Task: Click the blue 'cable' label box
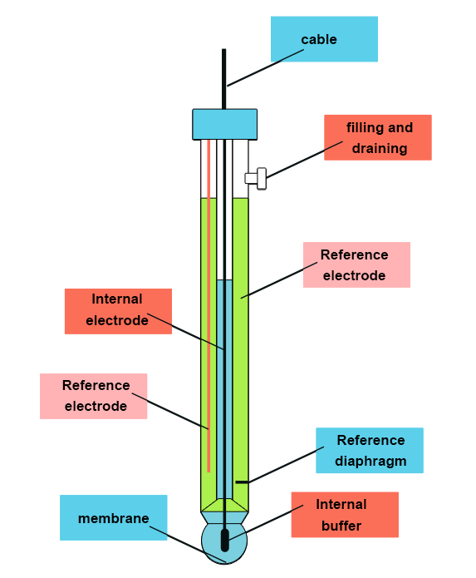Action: click(324, 39)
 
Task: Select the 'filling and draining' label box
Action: click(378, 137)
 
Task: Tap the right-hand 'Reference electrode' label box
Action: click(356, 264)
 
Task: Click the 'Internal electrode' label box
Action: click(118, 311)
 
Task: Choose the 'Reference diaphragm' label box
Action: click(370, 450)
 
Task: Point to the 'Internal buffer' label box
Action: click(344, 515)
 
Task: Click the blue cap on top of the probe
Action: click(224, 124)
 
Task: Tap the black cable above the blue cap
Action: click(223, 79)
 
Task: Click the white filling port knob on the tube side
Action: click(257, 177)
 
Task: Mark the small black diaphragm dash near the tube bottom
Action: click(241, 481)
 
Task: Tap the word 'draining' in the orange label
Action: click(379, 148)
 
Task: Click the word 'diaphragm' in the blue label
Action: click(370, 461)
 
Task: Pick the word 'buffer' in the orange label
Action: click(341, 526)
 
